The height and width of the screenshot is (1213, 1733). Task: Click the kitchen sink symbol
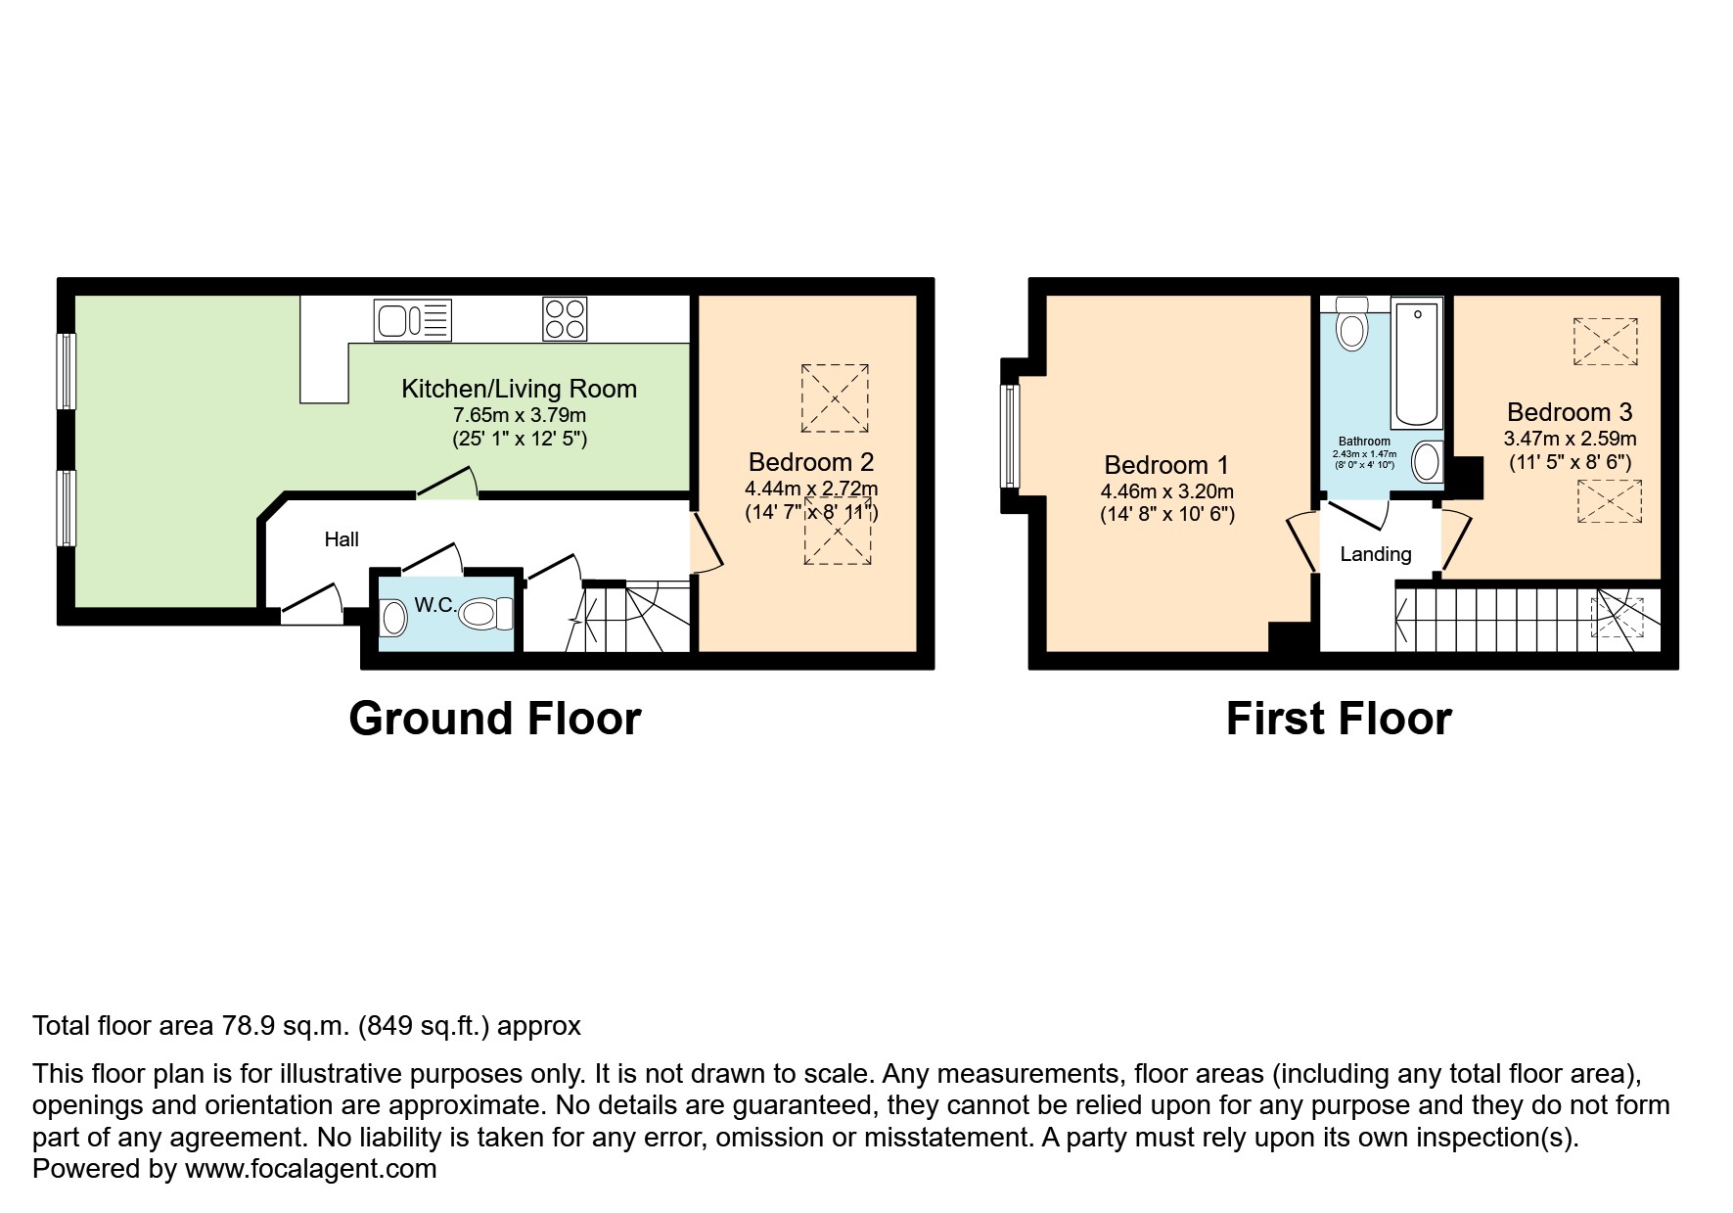click(x=412, y=319)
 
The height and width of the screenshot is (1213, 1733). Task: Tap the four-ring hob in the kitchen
click(x=565, y=319)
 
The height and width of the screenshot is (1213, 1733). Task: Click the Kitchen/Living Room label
click(x=519, y=389)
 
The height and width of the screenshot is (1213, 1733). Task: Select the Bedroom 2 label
click(x=811, y=462)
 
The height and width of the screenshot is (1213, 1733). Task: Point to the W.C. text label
click(x=434, y=605)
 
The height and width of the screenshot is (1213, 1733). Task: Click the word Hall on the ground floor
click(x=342, y=539)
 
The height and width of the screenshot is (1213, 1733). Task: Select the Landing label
click(x=1375, y=554)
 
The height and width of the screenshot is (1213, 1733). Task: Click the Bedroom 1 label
click(x=1166, y=465)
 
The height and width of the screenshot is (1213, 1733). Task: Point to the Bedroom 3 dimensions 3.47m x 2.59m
click(x=1570, y=439)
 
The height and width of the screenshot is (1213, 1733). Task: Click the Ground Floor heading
click(x=494, y=719)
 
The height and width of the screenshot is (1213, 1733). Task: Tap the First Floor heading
click(x=1338, y=719)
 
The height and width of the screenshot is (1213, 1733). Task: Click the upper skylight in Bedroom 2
click(x=835, y=397)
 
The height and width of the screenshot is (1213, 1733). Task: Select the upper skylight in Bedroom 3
click(x=1605, y=342)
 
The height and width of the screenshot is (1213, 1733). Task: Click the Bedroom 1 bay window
click(x=1010, y=436)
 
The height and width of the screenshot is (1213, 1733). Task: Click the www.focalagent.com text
click(x=310, y=1168)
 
